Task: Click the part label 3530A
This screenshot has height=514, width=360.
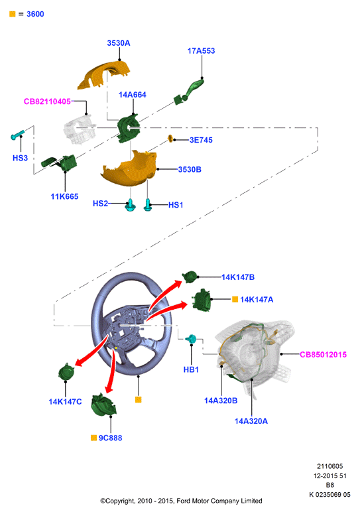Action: point(119,43)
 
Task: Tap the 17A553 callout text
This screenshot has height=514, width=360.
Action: point(201,51)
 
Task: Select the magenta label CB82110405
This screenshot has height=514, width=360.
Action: point(47,101)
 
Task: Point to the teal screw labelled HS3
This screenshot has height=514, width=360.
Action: point(17,135)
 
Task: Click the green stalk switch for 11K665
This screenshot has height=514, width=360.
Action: point(59,162)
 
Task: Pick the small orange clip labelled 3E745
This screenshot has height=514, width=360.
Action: point(170,139)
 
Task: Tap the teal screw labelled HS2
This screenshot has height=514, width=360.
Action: point(131,205)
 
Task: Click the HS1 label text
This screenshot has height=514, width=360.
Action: point(176,205)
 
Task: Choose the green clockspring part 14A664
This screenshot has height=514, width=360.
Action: point(129,128)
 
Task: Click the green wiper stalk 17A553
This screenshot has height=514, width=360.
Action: point(189,92)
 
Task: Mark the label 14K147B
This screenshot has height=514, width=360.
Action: point(238,277)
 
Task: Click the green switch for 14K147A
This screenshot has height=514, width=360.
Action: point(201,300)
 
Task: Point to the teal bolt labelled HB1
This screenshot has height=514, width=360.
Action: point(191,339)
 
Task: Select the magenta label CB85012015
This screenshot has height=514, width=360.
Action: point(323,355)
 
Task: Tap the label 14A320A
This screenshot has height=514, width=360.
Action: point(251,421)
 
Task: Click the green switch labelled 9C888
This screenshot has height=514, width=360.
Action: point(104,405)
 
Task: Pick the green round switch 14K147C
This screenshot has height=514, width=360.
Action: point(66,372)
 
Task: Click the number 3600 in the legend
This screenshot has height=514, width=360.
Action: point(35,14)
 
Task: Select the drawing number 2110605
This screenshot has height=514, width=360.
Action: point(330,466)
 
